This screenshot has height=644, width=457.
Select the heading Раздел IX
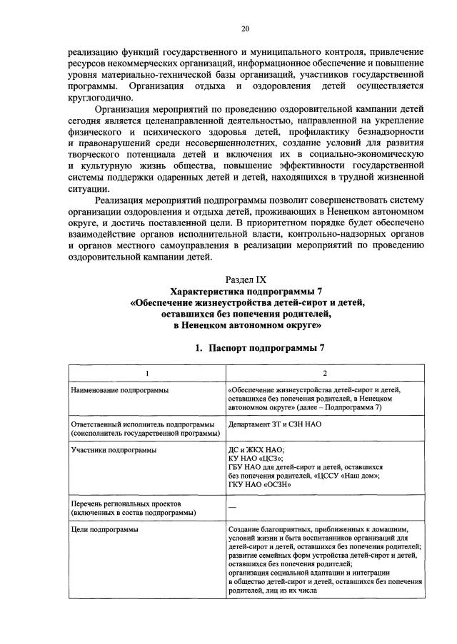(245, 280)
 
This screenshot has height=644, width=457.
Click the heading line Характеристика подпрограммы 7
(245, 291)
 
